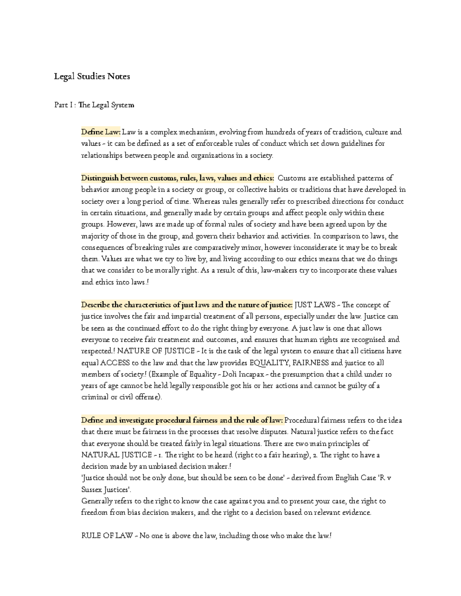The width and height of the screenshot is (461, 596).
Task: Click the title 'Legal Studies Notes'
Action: [x=92, y=76]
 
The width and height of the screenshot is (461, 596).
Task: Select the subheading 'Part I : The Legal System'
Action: [x=94, y=105]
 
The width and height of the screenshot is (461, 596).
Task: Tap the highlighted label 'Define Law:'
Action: [x=101, y=132]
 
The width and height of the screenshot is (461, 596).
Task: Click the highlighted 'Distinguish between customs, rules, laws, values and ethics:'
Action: [x=177, y=178]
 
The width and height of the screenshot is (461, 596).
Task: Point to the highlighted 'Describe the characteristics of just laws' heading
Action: [x=187, y=305]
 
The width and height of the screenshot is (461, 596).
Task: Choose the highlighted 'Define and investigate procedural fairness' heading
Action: [x=182, y=420]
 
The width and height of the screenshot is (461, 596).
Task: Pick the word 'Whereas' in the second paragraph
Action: [x=204, y=201]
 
